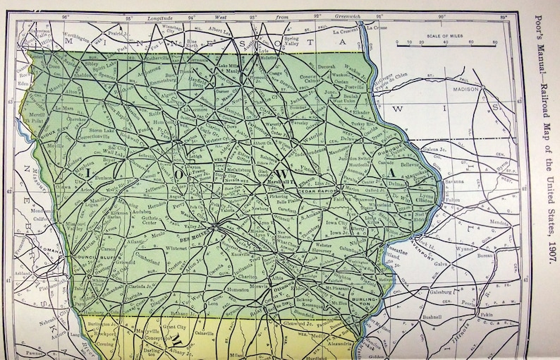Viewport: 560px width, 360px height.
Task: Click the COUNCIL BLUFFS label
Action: point(73,258)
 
